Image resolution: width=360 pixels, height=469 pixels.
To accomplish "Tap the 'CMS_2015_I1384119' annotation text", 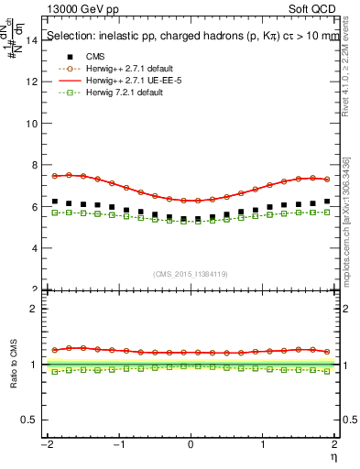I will (x=190, y=274).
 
